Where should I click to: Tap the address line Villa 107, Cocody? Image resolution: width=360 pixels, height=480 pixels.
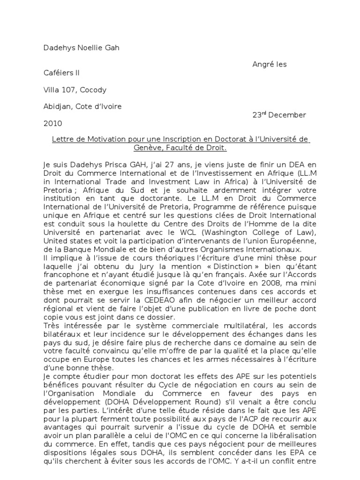coord(75,90)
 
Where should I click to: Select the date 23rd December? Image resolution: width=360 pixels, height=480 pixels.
coord(279,115)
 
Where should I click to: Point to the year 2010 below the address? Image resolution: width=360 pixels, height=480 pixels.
coord(52,123)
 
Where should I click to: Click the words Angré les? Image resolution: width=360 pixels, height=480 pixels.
coord(270,64)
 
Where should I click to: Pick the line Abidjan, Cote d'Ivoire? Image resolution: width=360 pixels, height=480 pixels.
coord(82,106)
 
